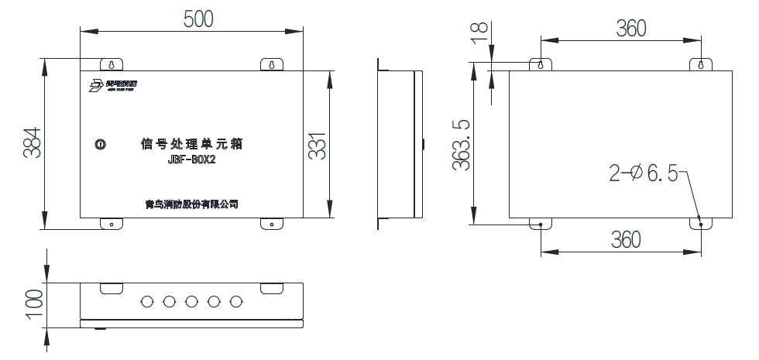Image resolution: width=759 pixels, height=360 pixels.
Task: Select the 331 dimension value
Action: [318, 143]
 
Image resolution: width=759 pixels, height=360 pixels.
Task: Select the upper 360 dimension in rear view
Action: [630, 29]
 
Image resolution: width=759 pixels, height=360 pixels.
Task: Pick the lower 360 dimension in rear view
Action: [625, 240]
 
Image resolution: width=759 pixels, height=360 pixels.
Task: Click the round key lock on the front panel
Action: [100, 144]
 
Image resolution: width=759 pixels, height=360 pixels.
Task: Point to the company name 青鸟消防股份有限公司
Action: [191, 204]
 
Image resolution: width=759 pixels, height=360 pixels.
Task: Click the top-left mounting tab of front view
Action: [111, 64]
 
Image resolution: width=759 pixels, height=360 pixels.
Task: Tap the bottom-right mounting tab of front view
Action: [272, 224]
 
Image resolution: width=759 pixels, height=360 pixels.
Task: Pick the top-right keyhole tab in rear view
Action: [700, 64]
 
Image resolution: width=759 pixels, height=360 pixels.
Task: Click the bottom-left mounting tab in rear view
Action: [540, 224]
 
